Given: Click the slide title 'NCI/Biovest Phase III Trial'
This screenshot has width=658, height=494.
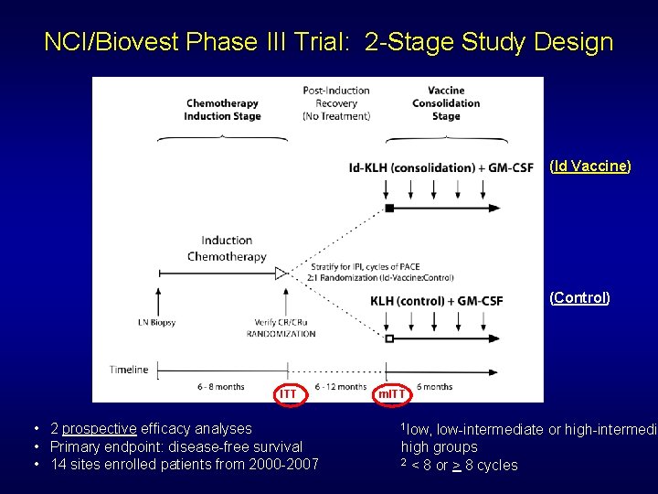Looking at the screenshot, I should coord(329,42).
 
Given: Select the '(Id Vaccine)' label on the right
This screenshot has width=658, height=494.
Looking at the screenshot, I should coord(589,166).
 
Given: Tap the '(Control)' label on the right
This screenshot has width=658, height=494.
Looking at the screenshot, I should coord(579,297).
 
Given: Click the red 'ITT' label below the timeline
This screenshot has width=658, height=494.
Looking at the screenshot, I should coord(288,393).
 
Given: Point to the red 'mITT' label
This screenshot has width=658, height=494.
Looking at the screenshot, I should coord(393,393).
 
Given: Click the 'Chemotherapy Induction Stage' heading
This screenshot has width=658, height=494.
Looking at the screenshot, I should coord(222,110).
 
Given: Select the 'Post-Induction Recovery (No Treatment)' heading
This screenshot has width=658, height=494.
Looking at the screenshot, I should coord(336,103).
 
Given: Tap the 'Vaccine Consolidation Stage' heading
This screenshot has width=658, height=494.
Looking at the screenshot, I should coord(446,103).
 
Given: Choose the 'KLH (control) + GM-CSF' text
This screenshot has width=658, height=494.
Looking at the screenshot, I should coord(436,301).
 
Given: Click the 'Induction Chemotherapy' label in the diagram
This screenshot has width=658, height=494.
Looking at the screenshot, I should coord(227,249).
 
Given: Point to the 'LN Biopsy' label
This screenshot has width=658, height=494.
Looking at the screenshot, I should coord(156,322).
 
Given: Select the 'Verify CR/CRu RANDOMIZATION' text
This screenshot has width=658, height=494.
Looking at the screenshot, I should coord(281,328).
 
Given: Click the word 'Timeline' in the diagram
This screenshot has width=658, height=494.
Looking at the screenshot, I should coord(129,370).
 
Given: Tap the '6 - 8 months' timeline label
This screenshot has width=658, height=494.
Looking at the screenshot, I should coord(221,387).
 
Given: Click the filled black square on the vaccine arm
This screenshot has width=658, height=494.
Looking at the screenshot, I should coord(389,209).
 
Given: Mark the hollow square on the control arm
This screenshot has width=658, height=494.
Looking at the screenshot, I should coord(389,338).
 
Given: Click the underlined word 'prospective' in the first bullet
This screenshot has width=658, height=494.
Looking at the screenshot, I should coord(100,428).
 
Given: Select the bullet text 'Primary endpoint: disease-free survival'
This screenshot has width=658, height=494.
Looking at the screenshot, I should coord(176,446).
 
